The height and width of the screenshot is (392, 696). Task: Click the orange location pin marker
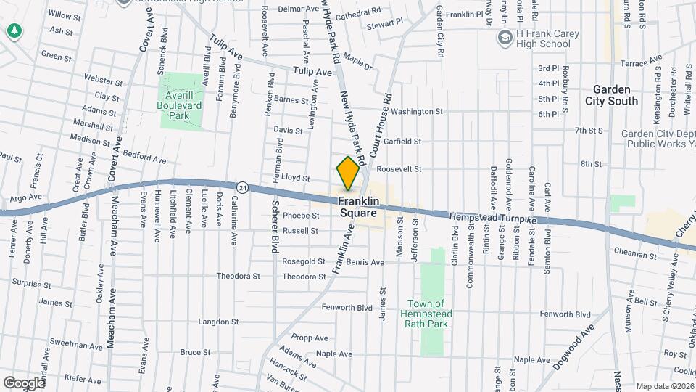point(349,173)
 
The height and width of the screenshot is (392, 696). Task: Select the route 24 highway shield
point(244,187)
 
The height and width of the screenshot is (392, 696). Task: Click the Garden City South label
point(612,95)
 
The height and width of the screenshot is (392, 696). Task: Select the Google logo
point(23,383)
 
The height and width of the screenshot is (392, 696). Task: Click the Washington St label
point(417,112)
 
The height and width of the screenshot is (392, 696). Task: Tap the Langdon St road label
point(218,321)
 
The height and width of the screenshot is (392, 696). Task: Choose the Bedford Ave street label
point(145,157)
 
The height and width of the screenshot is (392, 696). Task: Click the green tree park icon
point(13,31)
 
